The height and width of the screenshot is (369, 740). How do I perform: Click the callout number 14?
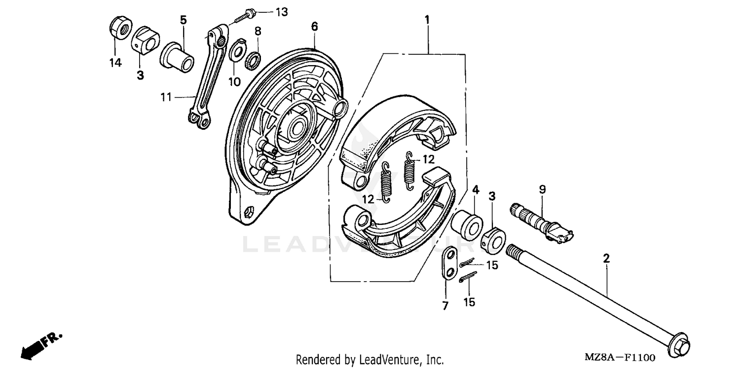tap(115, 63)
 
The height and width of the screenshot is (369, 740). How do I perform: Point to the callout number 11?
tap(166, 97)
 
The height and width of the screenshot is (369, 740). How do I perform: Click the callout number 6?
tap(314, 26)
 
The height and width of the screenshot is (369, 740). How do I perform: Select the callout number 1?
tap(427, 20)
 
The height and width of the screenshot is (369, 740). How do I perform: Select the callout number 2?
tap(606, 258)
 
